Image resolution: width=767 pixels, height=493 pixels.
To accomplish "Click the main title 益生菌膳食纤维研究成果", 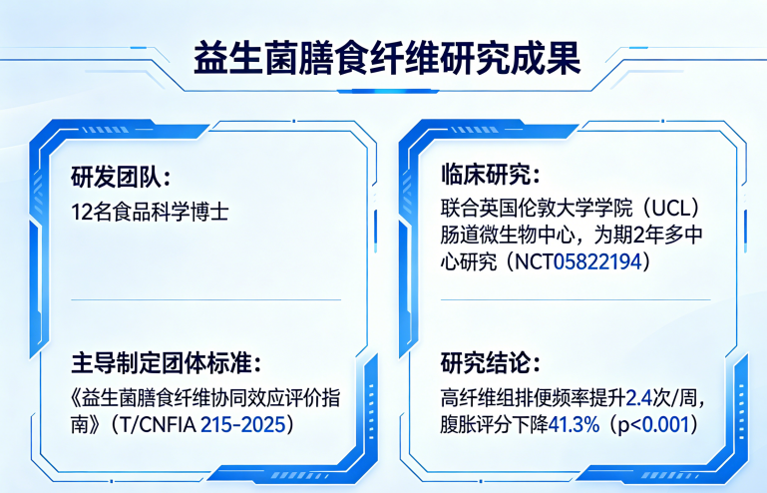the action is (x=387, y=58).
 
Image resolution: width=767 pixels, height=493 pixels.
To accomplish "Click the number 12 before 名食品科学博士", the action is (x=81, y=212).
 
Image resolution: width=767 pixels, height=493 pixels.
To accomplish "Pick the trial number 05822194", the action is (x=597, y=261).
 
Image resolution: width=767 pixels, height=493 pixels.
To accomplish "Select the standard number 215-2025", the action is (x=242, y=424).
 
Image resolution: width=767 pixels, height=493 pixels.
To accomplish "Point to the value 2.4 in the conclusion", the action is (x=639, y=398).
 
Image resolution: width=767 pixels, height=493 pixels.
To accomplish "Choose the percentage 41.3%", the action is (x=574, y=424).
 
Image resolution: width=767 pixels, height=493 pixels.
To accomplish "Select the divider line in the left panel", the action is (x=205, y=299).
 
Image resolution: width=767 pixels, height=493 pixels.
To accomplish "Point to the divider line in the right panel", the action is (x=575, y=299).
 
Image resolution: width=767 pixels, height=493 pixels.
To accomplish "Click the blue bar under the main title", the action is (x=387, y=91).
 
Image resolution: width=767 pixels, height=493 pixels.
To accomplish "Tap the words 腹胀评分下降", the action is (x=494, y=424).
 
